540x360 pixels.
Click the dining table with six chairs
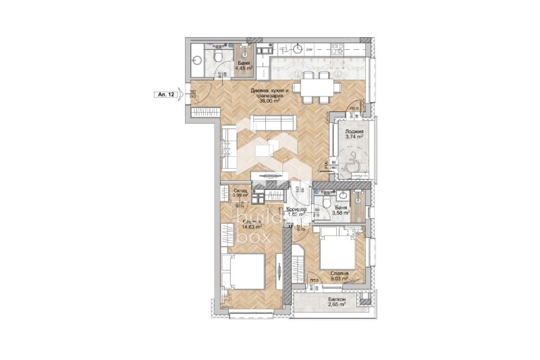point(316,86)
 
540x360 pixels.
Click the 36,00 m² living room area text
point(269,101)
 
